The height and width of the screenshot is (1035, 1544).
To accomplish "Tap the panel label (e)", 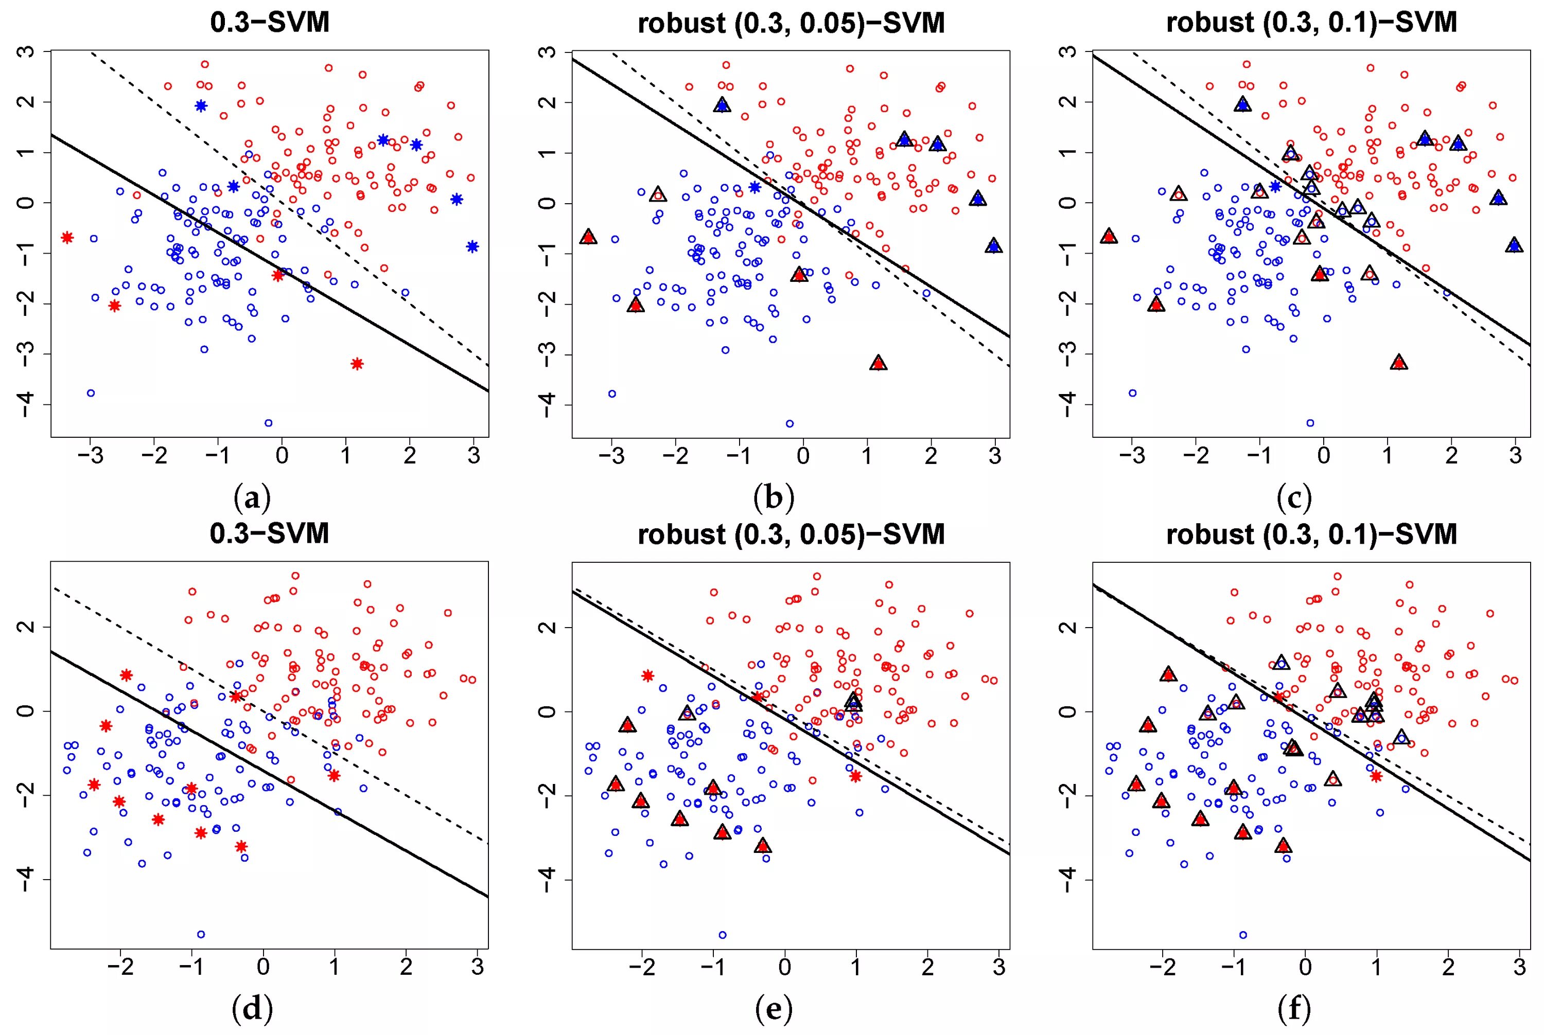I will pos(774,1009).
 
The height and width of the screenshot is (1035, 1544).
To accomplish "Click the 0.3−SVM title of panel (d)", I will pos(270,533).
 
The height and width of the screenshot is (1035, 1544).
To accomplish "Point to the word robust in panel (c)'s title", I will pos(1210,23).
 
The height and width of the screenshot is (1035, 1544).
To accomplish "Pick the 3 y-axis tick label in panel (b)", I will pos(547,51).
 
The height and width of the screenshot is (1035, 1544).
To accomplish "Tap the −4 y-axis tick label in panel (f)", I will pos(1068,879).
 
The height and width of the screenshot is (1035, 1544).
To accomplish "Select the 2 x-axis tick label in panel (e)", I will pos(928,968).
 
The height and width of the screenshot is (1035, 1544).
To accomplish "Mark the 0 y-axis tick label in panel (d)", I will pos(26,711).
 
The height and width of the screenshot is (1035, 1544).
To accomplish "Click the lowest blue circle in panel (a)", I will pos(268,423).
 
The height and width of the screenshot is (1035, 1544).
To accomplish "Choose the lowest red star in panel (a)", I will pos(357,364).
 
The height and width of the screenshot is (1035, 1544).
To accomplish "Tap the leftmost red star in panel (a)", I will pos(67,238).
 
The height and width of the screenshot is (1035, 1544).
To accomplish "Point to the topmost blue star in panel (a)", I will pos(201,105).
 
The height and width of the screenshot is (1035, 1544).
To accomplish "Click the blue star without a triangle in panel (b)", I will pos(755,187).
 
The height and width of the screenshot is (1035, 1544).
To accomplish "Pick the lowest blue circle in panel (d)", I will pos(201,934).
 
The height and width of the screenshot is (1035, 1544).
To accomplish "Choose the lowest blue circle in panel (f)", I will pos(1243,935).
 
